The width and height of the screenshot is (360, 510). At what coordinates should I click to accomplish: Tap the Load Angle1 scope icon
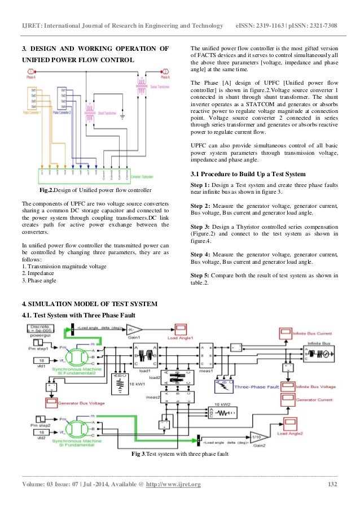click(182, 329)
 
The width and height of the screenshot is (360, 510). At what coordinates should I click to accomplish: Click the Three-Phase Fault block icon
click(225, 386)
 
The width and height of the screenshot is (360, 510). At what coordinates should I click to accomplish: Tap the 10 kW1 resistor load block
click(120, 385)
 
